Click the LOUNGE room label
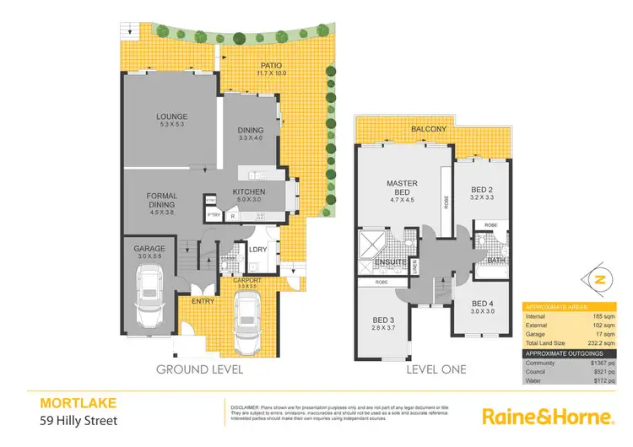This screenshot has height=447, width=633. click(x=171, y=117)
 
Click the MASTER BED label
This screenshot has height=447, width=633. click(x=403, y=188)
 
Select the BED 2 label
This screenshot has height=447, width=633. click(x=481, y=191)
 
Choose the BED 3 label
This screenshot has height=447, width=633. click(x=383, y=320)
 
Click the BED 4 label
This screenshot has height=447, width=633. click(x=482, y=304)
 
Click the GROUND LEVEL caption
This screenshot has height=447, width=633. click(x=200, y=369)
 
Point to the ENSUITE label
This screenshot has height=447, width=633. click(x=391, y=262)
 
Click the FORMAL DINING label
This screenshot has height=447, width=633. click(x=162, y=200)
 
